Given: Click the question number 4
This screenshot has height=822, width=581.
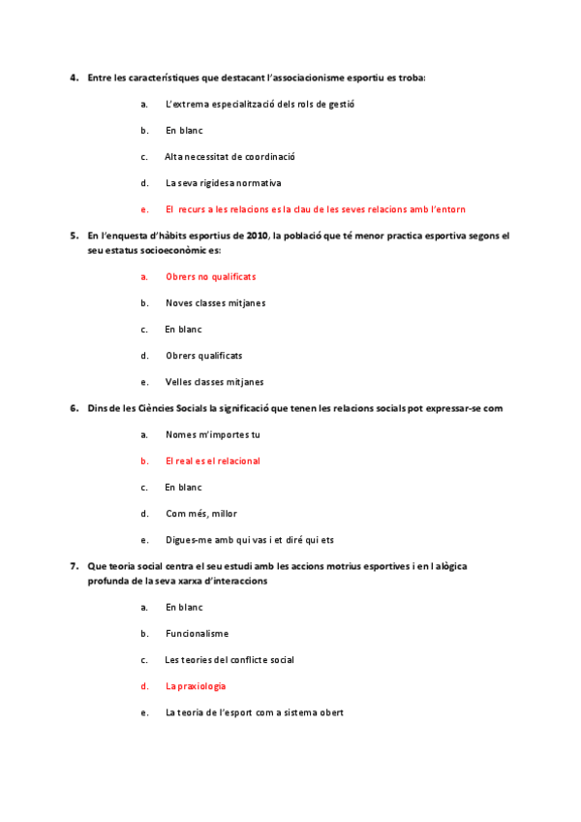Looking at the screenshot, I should [74, 78].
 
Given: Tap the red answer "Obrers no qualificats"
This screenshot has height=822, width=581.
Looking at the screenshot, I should [210, 276].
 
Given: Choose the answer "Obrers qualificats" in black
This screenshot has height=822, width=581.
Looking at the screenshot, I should [203, 356].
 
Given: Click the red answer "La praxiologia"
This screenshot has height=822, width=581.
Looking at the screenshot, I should [196, 686].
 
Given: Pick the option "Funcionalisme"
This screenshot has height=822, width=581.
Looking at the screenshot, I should [197, 634].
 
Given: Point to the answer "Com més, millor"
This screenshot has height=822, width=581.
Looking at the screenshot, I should [200, 514].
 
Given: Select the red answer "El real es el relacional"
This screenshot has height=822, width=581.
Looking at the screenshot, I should [212, 461].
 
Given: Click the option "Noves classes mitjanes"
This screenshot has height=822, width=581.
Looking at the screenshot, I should [215, 302].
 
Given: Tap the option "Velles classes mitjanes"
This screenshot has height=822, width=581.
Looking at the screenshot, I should [214, 382].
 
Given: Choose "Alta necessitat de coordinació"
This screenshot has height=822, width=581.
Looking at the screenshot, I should [229, 156].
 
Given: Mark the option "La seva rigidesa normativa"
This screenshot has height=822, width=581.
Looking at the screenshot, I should [223, 182].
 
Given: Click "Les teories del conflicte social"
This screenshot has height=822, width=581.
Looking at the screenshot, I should [229, 660].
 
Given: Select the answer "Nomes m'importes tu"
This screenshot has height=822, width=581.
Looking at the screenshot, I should [212, 434].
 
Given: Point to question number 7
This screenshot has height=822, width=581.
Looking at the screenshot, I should [74, 565].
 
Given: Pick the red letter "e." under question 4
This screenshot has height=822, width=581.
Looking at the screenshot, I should [144, 208].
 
